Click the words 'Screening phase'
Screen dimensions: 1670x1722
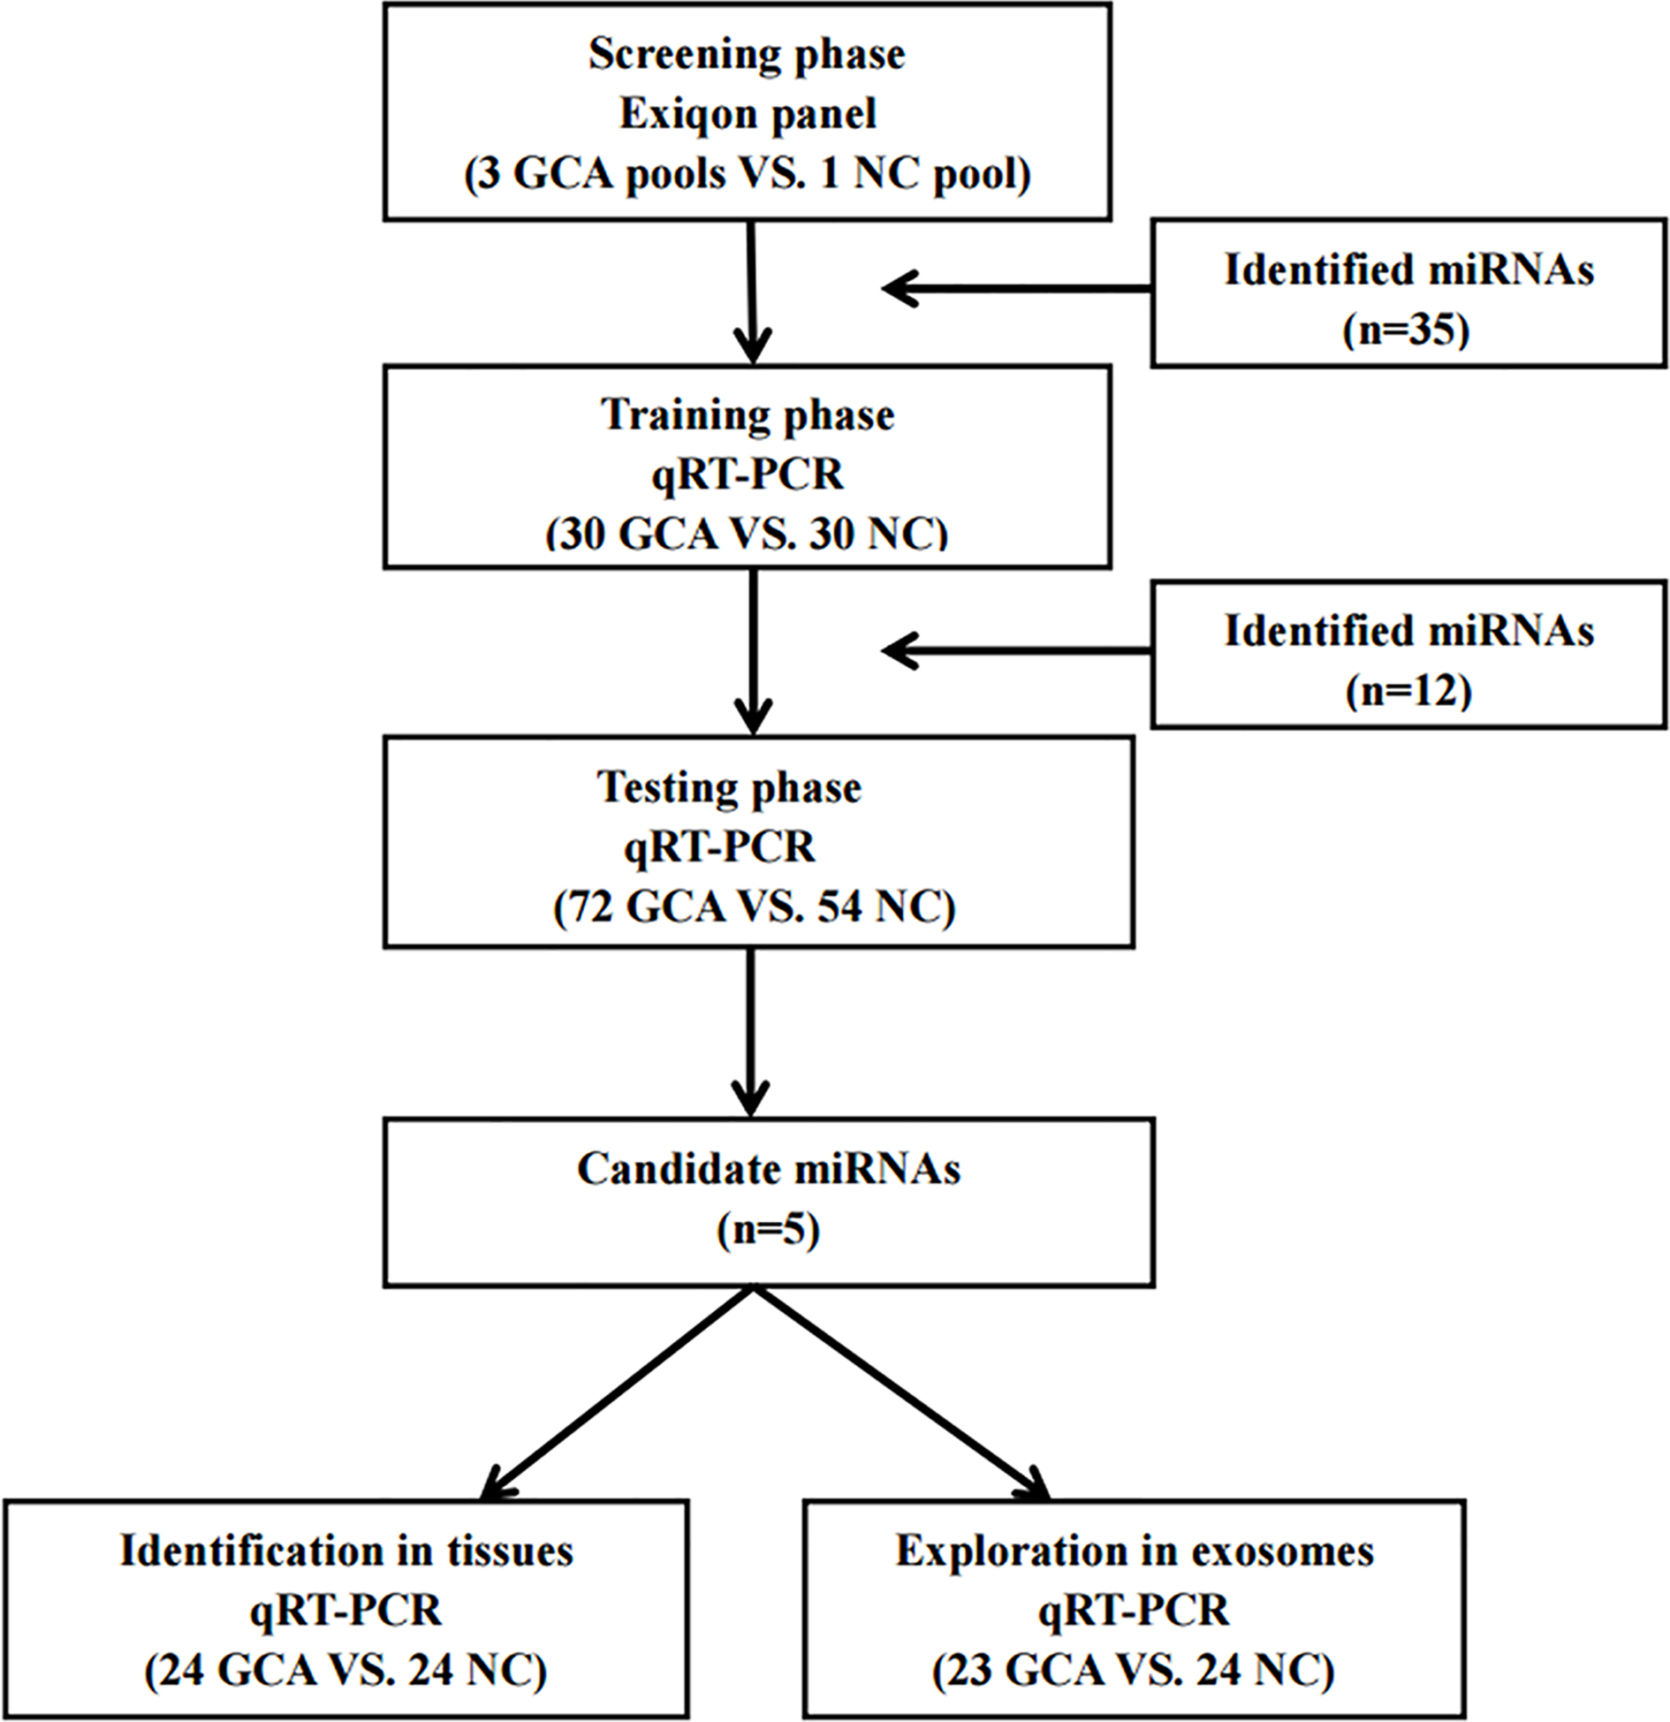click(747, 56)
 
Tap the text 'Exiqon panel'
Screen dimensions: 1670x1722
click(748, 115)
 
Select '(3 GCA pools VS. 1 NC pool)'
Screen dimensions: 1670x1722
click(748, 174)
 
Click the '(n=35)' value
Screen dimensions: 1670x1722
click(1407, 330)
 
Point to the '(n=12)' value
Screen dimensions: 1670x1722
click(1408, 692)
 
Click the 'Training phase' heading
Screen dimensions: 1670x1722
click(748, 415)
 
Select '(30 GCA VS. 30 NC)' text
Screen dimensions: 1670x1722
click(747, 534)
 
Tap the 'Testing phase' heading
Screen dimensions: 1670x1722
click(730, 788)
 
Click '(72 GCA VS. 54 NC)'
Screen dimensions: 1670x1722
click(755, 907)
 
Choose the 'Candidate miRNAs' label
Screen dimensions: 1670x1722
click(769, 1170)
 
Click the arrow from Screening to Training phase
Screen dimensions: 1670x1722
click(751, 292)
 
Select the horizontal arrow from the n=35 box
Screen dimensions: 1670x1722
click(1016, 289)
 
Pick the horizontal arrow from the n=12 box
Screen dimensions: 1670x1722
click(1016, 651)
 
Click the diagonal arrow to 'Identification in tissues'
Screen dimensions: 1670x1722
click(616, 1393)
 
